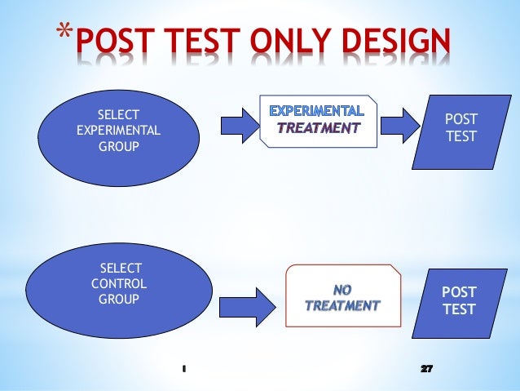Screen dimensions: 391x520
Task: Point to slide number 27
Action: tap(425, 368)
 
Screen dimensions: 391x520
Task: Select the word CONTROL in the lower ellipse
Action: tap(120, 284)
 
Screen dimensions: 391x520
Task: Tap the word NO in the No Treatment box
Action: tap(342, 289)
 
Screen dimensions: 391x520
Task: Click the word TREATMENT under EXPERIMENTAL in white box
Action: tap(319, 128)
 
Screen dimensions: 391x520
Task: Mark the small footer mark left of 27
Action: tap(185, 368)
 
